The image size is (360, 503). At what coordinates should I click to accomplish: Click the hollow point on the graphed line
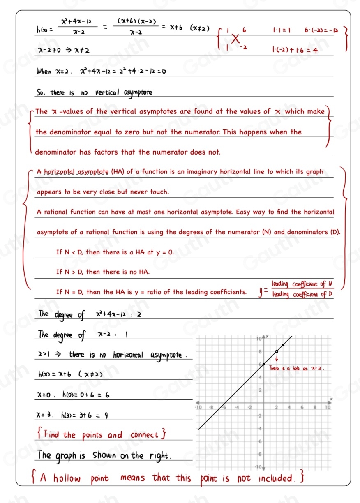click(277, 352)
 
